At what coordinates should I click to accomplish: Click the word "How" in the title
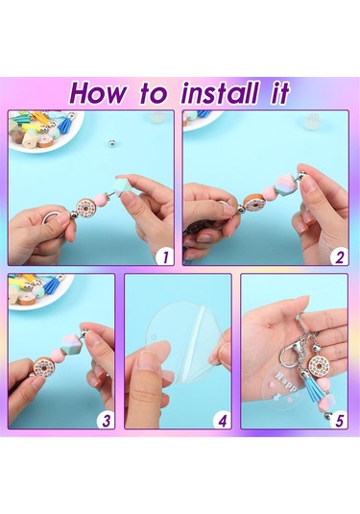[97, 93]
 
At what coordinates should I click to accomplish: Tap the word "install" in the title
[219, 93]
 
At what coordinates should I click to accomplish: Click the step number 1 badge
[165, 257]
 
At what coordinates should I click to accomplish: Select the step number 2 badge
[340, 257]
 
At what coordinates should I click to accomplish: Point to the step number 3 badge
[107, 420]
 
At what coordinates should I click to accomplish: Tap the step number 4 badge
[223, 420]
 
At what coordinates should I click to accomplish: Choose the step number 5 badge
[340, 420]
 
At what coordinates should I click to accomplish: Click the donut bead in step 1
[85, 207]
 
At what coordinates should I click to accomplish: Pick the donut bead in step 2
[255, 202]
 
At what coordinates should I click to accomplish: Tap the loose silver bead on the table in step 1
[112, 143]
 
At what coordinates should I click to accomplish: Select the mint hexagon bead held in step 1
[122, 188]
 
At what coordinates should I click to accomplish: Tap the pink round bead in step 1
[101, 200]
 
